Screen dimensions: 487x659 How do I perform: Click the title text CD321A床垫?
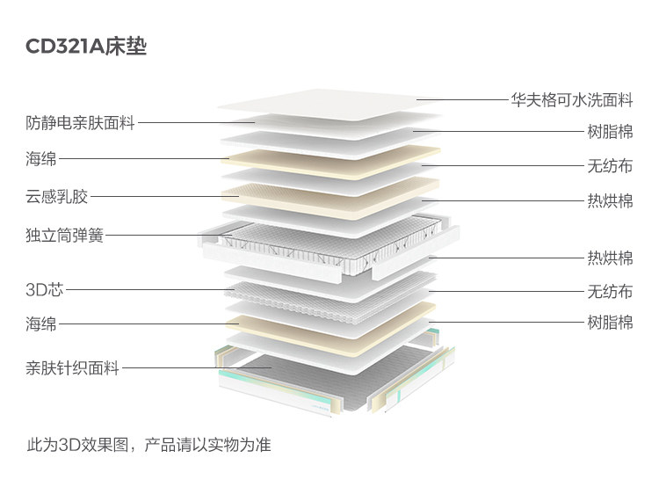tap(86, 47)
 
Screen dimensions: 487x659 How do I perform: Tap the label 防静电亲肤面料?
tap(80, 123)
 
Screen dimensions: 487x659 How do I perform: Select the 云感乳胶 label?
tap(57, 196)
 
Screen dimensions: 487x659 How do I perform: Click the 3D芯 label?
tap(45, 288)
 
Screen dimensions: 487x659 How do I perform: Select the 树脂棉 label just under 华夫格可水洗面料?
tap(610, 133)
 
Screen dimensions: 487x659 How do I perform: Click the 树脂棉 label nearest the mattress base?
tap(610, 323)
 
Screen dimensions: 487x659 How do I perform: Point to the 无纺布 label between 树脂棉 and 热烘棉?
tap(610, 165)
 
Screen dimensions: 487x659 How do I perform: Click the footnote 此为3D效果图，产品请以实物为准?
tap(148, 445)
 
